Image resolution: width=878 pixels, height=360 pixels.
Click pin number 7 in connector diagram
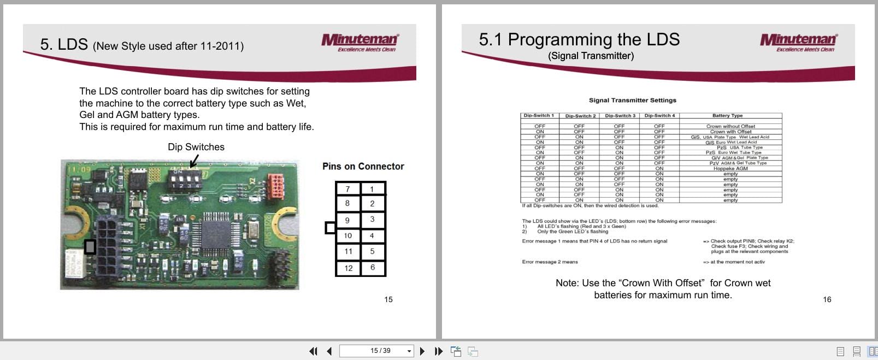[347, 189]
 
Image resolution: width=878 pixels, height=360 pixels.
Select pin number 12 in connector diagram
[348, 268]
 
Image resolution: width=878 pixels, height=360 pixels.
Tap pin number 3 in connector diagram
[373, 219]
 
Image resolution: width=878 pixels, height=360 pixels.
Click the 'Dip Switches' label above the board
[196, 147]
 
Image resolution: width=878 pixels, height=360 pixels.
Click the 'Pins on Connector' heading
[363, 167]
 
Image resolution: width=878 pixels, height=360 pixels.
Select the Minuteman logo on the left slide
[360, 42]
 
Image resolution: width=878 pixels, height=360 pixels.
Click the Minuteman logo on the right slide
[798, 42]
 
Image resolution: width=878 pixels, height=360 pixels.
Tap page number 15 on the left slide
[388, 299]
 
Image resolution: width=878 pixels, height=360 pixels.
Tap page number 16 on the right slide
[827, 299]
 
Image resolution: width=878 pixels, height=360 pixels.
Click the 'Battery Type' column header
[727, 116]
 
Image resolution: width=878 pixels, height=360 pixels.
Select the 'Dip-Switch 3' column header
[620, 116]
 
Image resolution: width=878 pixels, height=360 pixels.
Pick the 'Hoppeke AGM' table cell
[730, 169]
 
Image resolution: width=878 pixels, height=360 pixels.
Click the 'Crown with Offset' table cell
[730, 132]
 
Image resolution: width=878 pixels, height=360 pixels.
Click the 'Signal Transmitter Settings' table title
[632, 101]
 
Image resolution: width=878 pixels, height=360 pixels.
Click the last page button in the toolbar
[438, 351]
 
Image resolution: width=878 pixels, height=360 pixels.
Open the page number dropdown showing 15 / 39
[409, 351]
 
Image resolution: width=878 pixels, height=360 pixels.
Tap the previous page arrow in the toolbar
[329, 351]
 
